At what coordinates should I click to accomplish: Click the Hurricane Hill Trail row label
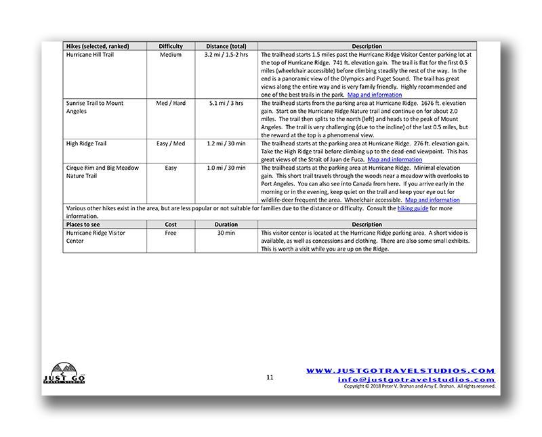point(91,54)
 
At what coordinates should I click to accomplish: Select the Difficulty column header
point(171,46)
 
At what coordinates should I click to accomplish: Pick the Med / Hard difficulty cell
point(171,103)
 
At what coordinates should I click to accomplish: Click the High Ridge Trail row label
point(87,143)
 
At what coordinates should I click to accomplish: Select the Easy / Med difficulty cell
point(171,143)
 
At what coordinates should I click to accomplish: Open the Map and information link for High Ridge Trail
point(394,160)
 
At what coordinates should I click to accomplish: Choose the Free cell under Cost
point(171,233)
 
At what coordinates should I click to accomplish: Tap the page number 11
point(270,377)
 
